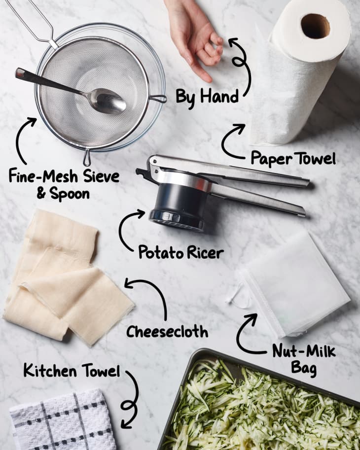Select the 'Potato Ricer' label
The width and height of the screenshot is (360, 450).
pyautogui.click(x=181, y=252)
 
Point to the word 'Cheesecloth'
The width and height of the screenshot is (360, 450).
pyautogui.click(x=167, y=332)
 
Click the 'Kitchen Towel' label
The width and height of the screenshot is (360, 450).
pyautogui.click(x=72, y=371)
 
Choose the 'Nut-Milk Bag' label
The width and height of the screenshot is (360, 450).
pyautogui.click(x=304, y=360)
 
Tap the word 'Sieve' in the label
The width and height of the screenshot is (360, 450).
pyautogui.click(x=101, y=176)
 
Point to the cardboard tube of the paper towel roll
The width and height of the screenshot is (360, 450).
pyautogui.click(x=315, y=26)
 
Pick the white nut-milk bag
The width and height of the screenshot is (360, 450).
pyautogui.click(x=293, y=284)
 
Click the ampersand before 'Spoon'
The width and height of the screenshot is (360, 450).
pyautogui.click(x=41, y=193)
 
